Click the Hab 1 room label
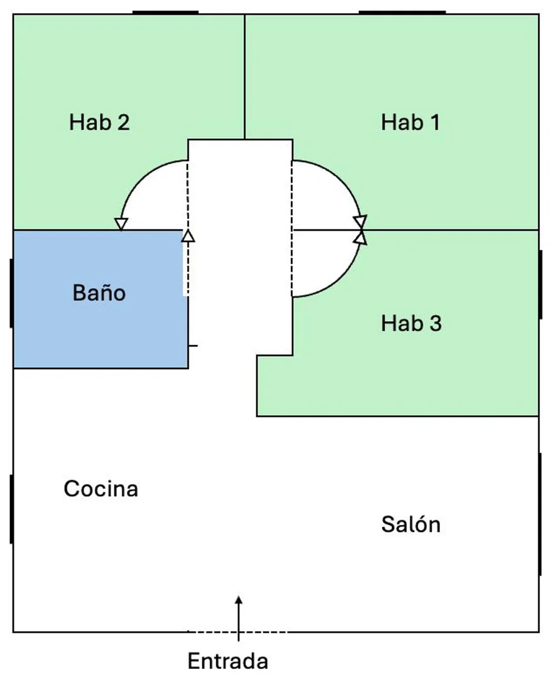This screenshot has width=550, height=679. point(410,122)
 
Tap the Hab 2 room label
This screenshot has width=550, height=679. point(99,122)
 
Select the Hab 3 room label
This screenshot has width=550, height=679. point(412,324)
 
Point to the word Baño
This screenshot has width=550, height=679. point(99,292)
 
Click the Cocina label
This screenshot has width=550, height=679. point(101,489)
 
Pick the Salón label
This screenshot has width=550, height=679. point(411,524)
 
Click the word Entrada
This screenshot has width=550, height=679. point(228,661)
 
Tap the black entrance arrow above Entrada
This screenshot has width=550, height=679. point(239,619)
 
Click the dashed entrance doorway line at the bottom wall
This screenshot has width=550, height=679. point(238,632)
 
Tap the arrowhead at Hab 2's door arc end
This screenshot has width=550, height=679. point(121,224)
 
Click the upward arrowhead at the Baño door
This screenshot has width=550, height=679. point(188,236)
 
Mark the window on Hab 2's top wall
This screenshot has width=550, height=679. point(165,13)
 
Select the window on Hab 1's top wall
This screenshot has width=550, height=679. point(402,13)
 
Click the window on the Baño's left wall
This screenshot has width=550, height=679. point(11,293)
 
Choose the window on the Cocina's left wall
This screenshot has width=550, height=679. point(11,509)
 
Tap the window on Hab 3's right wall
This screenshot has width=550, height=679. point(540,285)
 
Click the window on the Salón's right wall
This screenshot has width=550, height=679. point(540,514)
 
